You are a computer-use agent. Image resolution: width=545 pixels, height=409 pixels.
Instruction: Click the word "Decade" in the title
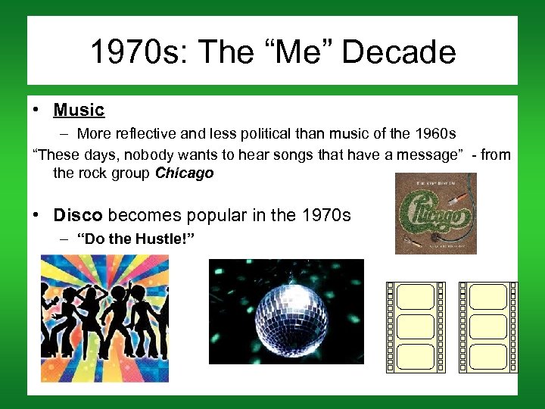[x=399, y=53]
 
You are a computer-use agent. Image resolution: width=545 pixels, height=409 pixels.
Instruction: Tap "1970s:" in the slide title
[x=133, y=53]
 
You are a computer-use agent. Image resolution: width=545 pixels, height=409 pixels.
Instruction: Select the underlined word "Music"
[x=79, y=110]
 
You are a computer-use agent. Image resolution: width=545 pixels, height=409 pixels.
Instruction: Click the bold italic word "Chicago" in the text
[x=185, y=173]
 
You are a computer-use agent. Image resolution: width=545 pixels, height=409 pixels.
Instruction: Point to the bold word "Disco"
[x=79, y=215]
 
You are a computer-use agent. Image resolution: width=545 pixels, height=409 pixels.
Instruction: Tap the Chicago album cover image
[x=435, y=214]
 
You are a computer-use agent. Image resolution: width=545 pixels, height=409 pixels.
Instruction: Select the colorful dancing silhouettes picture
[x=104, y=318]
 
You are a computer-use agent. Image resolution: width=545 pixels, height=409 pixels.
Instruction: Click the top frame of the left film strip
[x=416, y=297]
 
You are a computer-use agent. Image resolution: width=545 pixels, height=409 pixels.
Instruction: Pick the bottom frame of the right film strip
[x=488, y=357]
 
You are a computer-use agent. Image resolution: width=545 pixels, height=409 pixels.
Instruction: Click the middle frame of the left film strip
[x=416, y=326]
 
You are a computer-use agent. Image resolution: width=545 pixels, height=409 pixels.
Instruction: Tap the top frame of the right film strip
[x=488, y=297]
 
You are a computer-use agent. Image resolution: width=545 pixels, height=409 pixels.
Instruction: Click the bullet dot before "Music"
[x=36, y=110]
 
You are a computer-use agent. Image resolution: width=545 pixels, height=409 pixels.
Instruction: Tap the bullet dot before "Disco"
[x=36, y=215]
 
